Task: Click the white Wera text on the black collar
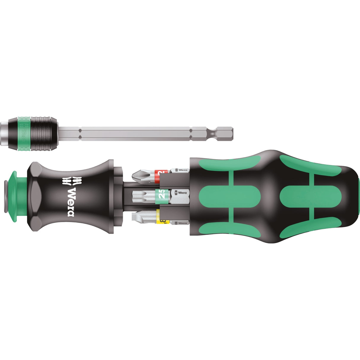point(71,201)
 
